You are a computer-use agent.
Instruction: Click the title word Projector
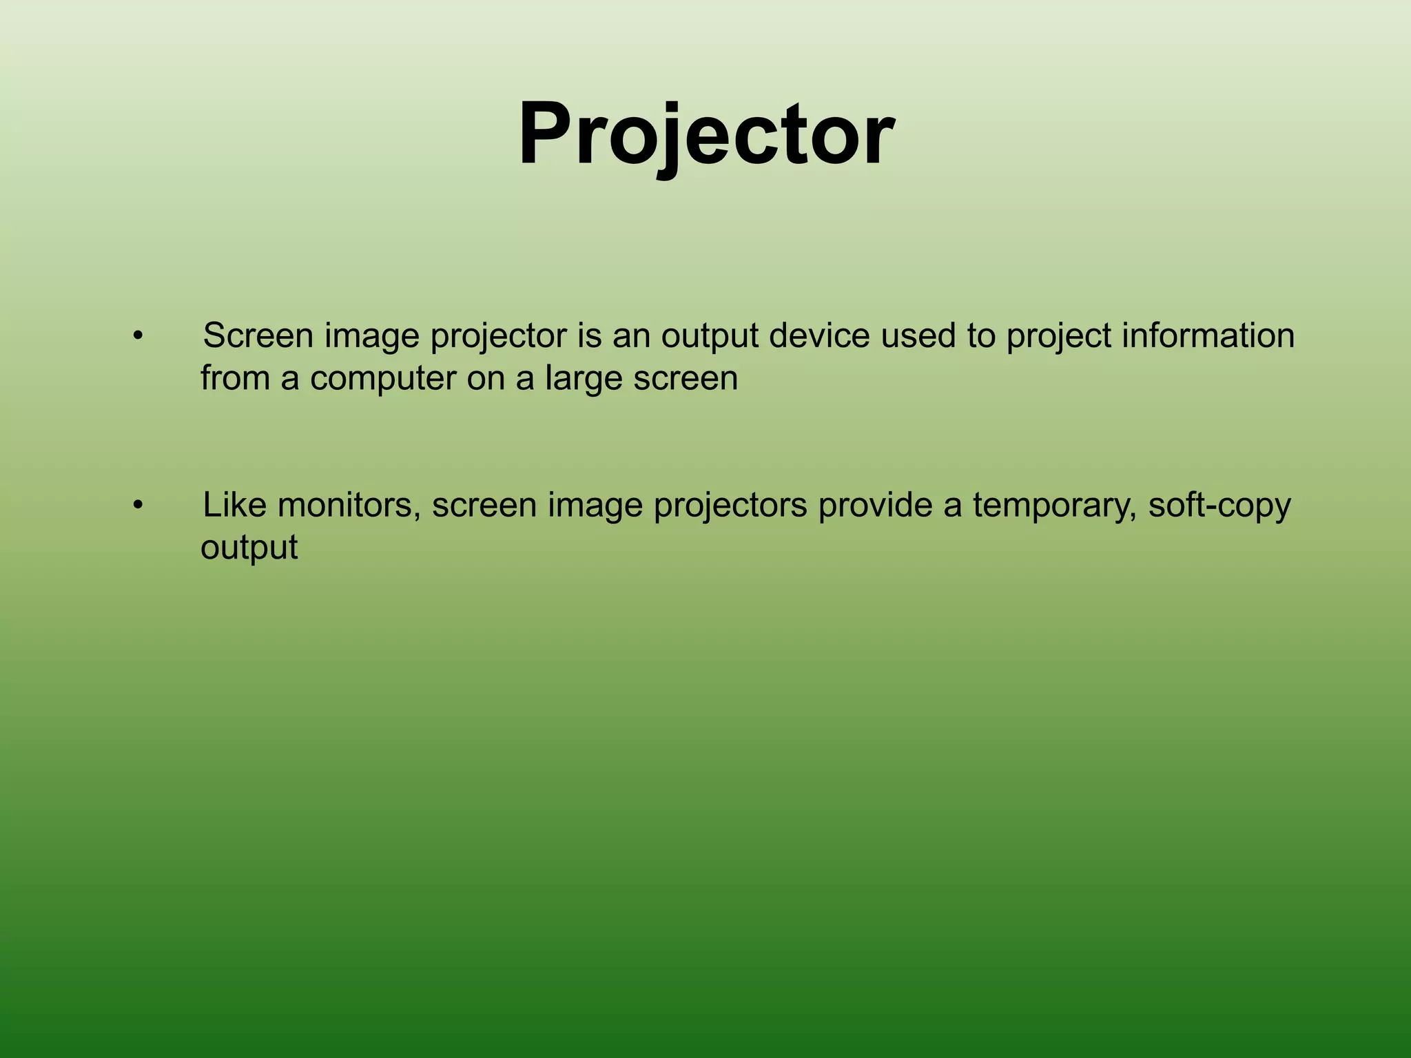706,134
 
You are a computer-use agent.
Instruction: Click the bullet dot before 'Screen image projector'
138,336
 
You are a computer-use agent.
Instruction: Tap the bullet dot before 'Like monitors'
138,506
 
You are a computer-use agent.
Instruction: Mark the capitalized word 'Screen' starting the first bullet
258,336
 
